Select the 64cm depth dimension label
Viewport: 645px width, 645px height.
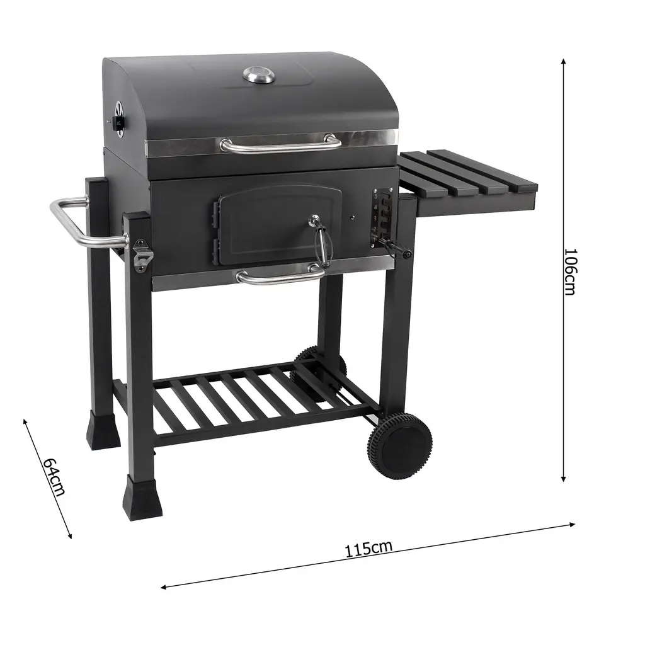pyautogui.click(x=54, y=476)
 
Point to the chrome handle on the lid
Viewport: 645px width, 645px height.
pyautogui.click(x=280, y=146)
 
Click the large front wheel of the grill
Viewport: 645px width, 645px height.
pyautogui.click(x=399, y=446)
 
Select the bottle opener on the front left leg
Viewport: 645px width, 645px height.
pyautogui.click(x=142, y=256)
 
